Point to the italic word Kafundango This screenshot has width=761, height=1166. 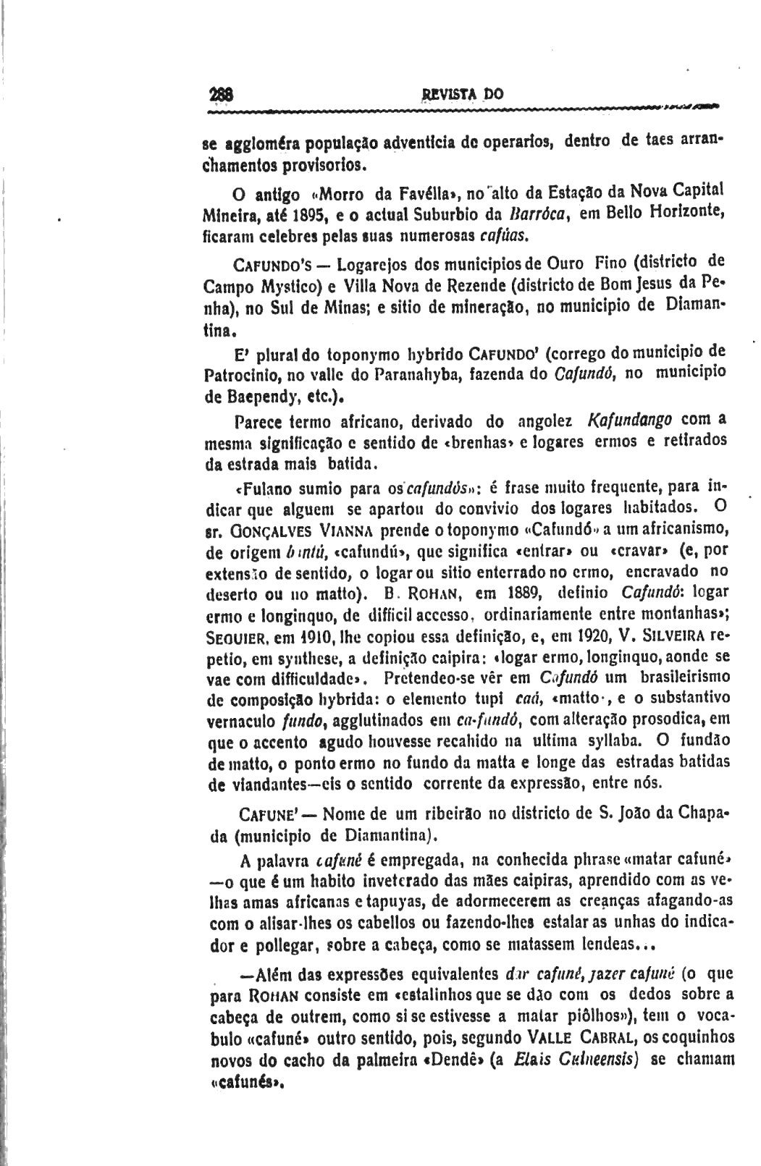click(630, 421)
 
